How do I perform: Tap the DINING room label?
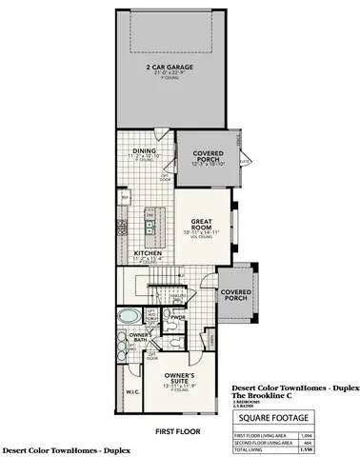click(x=145, y=150)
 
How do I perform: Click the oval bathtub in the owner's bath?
click(x=128, y=316)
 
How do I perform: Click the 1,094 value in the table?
click(x=305, y=435)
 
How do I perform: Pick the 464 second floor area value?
click(x=307, y=443)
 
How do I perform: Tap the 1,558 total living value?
click(x=305, y=450)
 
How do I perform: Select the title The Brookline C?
click(x=266, y=396)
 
